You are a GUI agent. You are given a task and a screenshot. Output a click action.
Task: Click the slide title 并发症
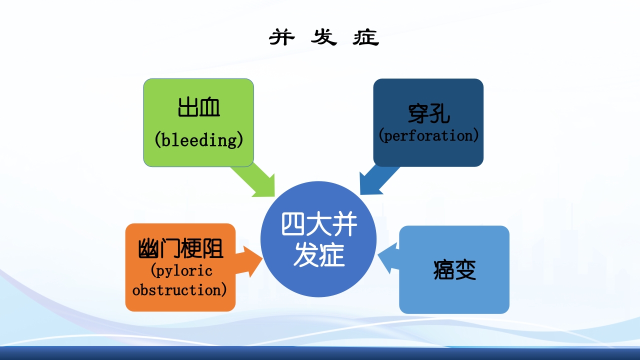click(324, 37)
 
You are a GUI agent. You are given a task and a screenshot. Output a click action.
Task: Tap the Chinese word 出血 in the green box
click(198, 107)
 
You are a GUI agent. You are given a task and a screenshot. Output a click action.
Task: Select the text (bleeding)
click(198, 139)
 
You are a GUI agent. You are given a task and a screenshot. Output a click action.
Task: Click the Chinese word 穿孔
click(428, 114)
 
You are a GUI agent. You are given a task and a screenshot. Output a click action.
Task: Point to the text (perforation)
click(428, 135)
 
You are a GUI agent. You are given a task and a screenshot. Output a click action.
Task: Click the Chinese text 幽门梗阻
click(180, 249)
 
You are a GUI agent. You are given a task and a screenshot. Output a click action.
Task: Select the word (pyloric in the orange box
click(181, 271)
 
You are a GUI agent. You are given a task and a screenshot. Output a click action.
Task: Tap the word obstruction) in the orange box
click(179, 290)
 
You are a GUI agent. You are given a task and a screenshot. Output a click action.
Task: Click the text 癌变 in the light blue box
click(454, 270)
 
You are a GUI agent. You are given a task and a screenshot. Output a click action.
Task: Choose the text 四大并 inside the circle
click(319, 225)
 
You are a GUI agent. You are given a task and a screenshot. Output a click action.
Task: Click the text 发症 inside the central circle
click(319, 255)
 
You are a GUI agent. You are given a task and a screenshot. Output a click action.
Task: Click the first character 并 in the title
click(282, 37)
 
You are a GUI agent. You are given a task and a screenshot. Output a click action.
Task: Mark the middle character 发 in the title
click(323, 37)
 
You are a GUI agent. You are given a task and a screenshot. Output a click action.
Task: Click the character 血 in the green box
click(209, 107)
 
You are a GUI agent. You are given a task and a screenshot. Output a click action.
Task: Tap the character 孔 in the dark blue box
click(439, 114)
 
